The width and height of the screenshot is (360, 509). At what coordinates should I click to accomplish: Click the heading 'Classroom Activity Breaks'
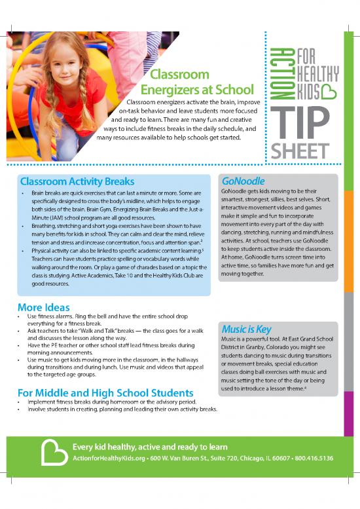77,181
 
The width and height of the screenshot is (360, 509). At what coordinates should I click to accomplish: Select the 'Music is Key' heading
246,329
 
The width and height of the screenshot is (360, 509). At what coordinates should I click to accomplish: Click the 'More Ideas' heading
43,307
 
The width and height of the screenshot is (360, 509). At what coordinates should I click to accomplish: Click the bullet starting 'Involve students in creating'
122,409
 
